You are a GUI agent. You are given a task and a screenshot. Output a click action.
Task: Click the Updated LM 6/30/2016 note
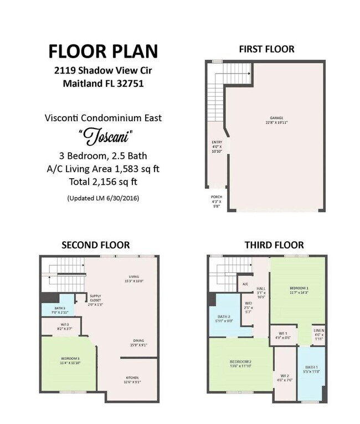coord(102,198)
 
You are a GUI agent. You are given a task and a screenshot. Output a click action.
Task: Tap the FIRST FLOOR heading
coord(266,49)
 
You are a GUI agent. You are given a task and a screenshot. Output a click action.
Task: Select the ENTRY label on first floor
coord(217,142)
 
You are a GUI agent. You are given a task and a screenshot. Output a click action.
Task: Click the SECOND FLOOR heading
coord(95,245)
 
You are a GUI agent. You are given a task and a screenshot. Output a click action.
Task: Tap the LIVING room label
coord(133,277)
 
